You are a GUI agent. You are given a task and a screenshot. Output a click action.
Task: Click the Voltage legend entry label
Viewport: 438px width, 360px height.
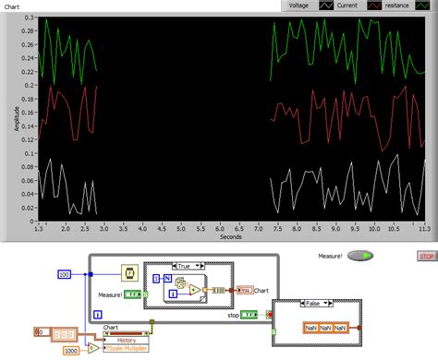click(298, 6)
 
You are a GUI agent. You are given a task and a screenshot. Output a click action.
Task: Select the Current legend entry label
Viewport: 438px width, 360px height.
click(347, 6)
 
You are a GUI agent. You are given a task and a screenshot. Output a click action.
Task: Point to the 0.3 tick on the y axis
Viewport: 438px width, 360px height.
click(28, 18)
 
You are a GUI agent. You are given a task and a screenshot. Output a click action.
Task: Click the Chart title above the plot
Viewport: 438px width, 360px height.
click(13, 6)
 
